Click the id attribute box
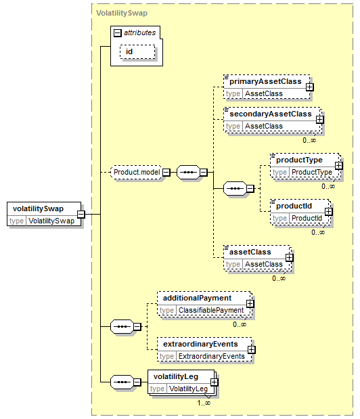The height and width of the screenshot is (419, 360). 137,51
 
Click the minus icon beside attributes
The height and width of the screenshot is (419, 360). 117,33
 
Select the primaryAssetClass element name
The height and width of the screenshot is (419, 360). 265,81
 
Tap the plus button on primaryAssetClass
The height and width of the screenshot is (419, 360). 310,87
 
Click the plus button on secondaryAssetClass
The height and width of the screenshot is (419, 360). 319,119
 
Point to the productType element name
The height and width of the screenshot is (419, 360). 299,160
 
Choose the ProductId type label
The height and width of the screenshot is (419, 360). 307,219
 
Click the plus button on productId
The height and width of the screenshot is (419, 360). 329,212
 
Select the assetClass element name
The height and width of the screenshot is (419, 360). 250,252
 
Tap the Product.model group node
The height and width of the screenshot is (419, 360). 137,173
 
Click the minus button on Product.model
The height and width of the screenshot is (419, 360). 166,173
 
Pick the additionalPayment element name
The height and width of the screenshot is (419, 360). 198,298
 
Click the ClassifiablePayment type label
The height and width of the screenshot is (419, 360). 211,310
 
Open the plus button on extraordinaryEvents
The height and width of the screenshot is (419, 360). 251,350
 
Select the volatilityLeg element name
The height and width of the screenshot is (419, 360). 176,376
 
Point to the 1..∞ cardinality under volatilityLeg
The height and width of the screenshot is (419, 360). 204,403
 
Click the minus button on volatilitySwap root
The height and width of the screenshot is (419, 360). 81,214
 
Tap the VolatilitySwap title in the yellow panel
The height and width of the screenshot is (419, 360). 122,13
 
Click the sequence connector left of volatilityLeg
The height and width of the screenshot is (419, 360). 122,382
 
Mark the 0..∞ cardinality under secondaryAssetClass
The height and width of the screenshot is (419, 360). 309,140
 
